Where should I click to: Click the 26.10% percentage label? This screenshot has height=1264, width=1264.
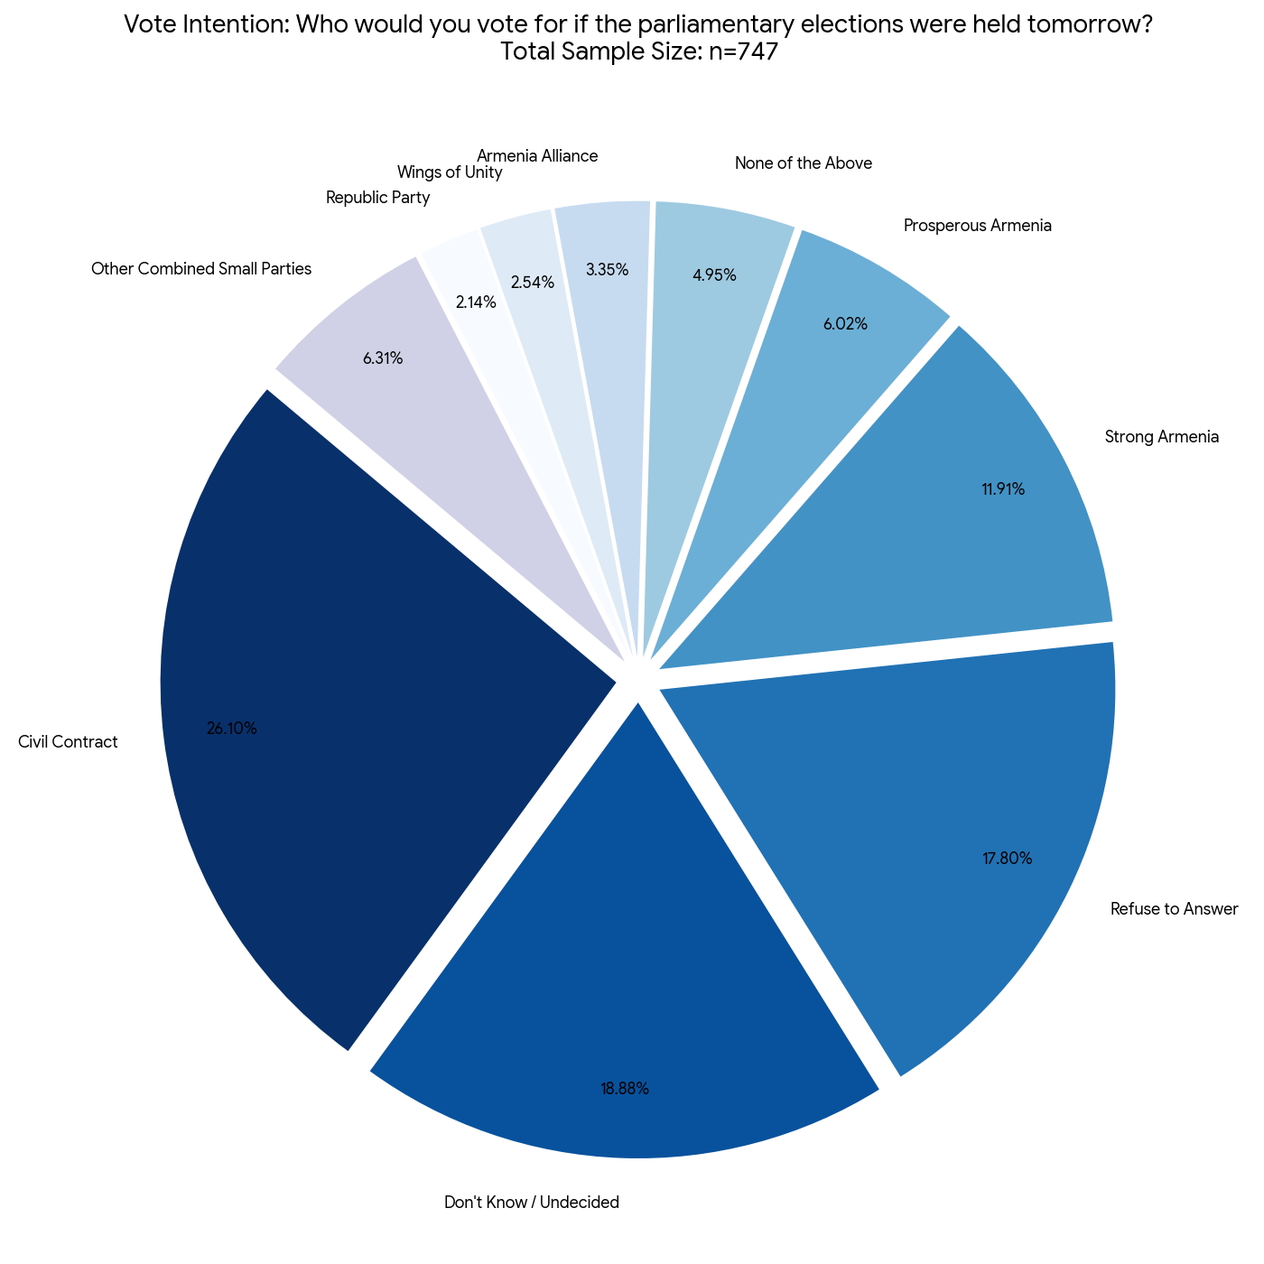coord(232,729)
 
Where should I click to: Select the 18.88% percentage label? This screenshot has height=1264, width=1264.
coord(625,1089)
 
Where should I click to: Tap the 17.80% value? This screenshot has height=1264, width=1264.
coord(1008,859)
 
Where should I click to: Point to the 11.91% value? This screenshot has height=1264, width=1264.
coord(1003,490)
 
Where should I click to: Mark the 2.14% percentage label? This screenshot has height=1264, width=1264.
coord(476,303)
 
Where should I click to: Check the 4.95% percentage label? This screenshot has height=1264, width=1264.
coord(715,275)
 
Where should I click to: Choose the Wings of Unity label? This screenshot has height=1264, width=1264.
coord(450,172)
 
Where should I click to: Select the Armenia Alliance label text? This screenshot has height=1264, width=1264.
coord(537,155)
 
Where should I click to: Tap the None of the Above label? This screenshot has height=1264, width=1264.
coord(804,163)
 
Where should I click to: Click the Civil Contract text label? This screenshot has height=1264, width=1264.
coord(68,743)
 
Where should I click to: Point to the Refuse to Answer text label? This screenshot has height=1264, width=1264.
coord(1174,909)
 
